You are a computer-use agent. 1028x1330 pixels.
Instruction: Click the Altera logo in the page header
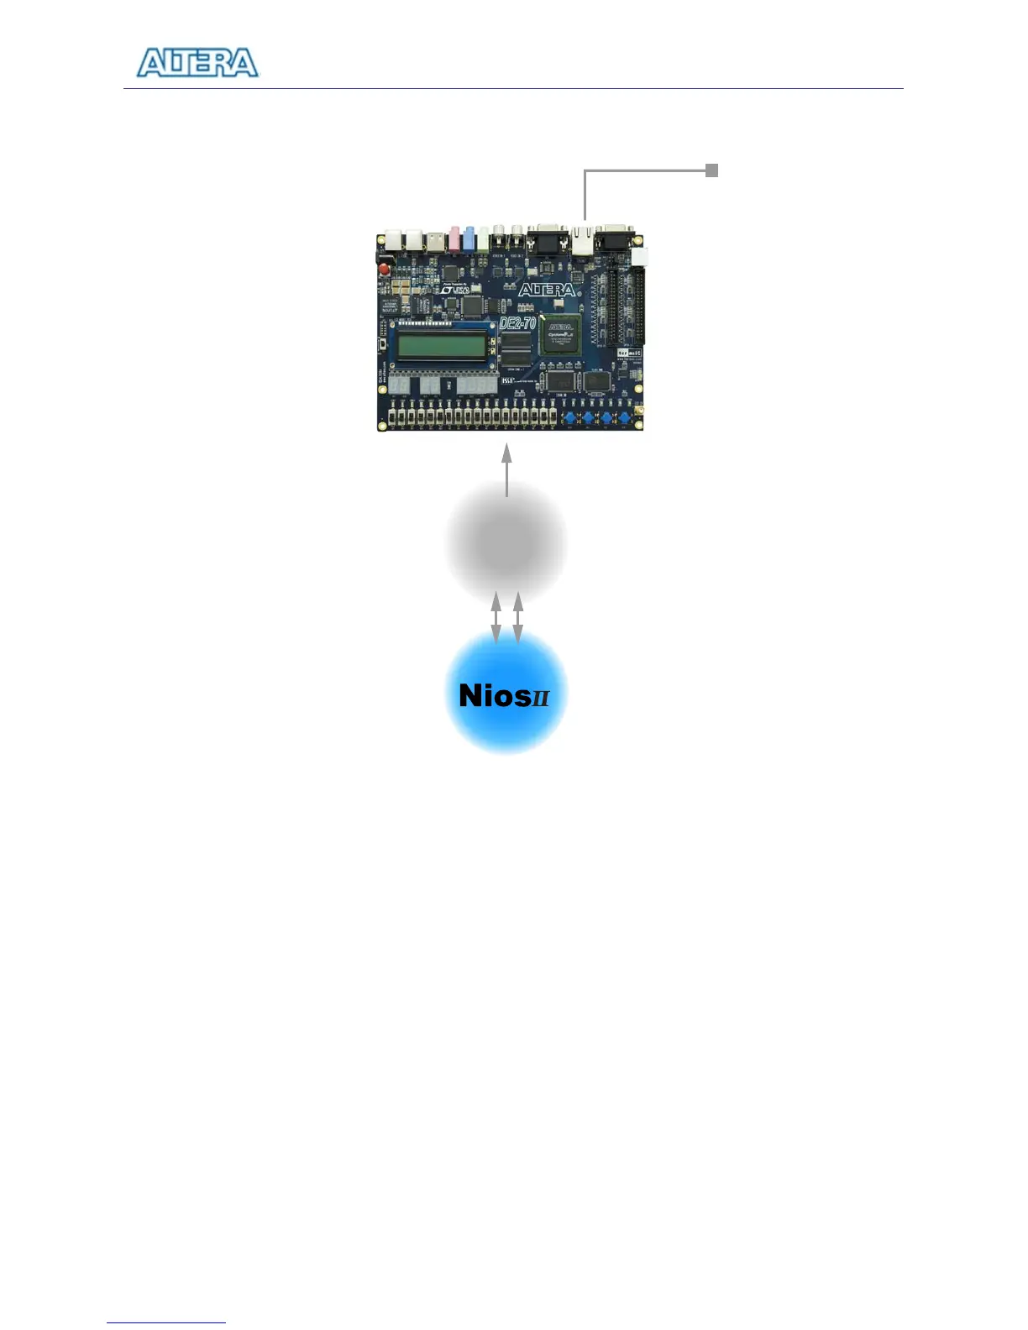[197, 63]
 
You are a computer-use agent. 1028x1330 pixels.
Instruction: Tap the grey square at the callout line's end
[711, 170]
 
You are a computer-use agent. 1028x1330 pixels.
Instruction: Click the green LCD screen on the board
[442, 345]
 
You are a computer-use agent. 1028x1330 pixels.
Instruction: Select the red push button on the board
[385, 270]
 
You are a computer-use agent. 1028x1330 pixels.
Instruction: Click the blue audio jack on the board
[469, 238]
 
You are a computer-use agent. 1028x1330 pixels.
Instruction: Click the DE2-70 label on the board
[517, 322]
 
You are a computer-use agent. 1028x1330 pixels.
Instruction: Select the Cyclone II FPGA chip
[561, 334]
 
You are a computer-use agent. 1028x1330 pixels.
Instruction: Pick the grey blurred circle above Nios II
[506, 542]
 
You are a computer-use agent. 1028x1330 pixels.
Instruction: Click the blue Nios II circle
[506, 692]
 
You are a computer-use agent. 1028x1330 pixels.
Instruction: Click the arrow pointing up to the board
[506, 470]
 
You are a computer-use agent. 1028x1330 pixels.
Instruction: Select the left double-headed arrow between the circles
[496, 617]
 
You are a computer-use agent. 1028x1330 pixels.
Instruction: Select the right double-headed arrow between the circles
[517, 617]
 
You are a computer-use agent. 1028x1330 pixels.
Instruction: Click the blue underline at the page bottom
[166, 1322]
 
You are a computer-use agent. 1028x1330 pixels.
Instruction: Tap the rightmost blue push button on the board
[625, 417]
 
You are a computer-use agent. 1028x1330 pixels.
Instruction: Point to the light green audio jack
[484, 238]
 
